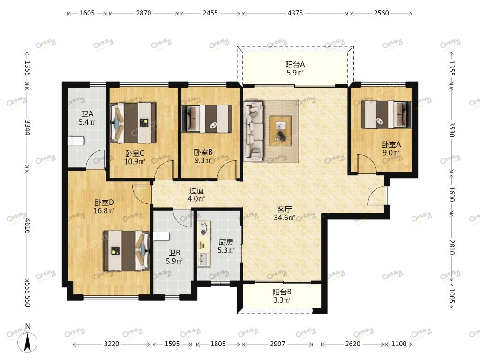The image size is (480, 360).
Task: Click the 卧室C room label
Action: pos(135,153)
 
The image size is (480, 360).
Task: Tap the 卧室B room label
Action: pos(203,152)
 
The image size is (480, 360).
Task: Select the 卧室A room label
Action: pos(391,144)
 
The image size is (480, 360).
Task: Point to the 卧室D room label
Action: pos(104,202)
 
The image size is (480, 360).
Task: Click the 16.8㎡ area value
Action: pos(104,210)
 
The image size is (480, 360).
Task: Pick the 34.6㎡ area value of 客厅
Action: pos(285,217)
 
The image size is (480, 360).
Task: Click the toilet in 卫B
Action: pos(161,236)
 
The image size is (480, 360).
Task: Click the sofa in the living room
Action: pos(254,131)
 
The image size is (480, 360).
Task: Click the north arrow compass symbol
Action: pos(28,340)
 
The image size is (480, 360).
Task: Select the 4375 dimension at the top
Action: pos(295,13)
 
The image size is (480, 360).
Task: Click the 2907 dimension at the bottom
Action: pos(277,344)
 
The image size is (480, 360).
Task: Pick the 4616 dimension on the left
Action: pos(28,225)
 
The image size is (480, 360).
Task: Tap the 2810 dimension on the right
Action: pos(452,247)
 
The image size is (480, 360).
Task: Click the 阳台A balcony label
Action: pos(295,65)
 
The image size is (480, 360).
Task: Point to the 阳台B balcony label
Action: pos(282,292)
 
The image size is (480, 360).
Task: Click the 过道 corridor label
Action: pos(196,190)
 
